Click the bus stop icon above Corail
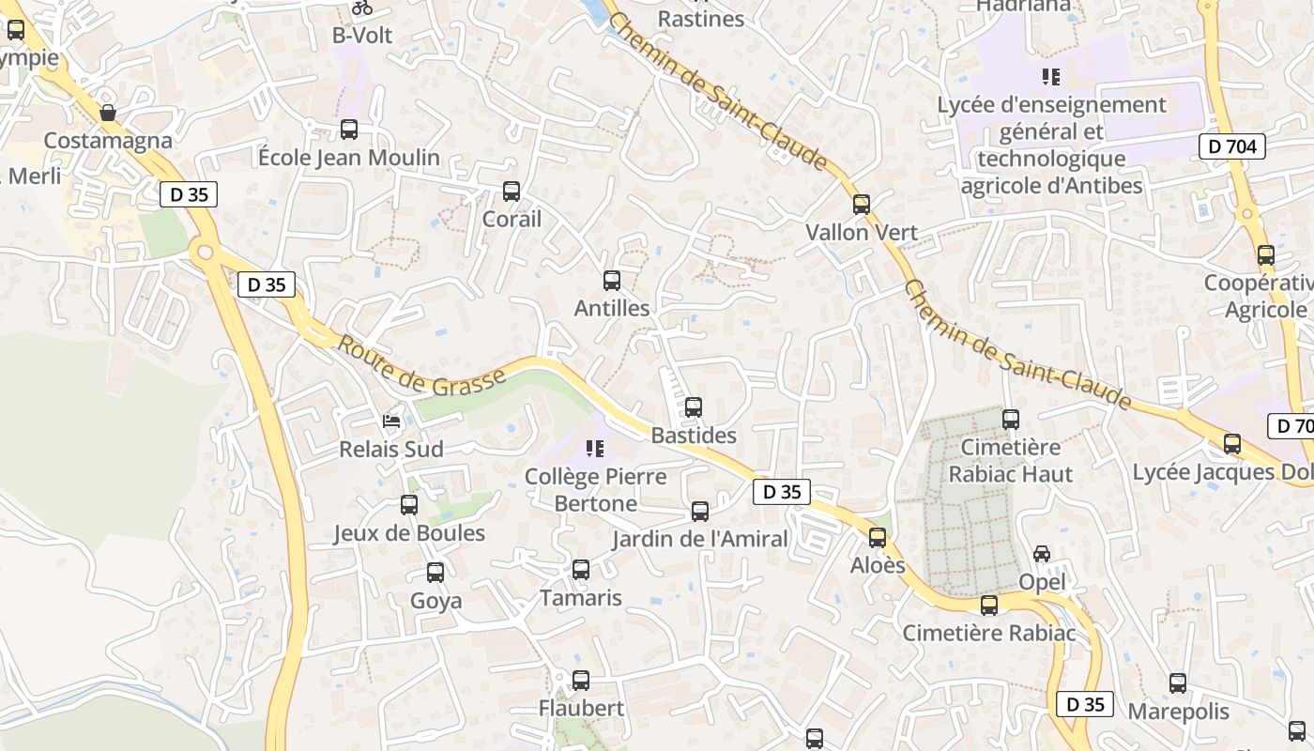click(512, 192)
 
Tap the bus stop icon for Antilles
click(612, 280)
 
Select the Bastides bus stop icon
click(694, 407)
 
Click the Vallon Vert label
click(862, 232)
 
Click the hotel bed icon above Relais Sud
click(391, 421)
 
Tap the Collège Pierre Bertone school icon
click(594, 449)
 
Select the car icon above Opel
click(1042, 554)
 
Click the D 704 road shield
click(1232, 146)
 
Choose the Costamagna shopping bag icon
click(109, 113)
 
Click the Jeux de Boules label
click(409, 533)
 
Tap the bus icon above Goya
click(435, 573)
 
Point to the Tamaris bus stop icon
click(581, 570)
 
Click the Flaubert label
click(581, 708)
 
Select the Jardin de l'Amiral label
click(700, 539)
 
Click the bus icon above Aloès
click(878, 538)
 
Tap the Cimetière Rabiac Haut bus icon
click(1011, 420)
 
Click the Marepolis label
click(1178, 711)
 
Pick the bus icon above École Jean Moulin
click(349, 130)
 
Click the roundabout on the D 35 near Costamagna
click(204, 252)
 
